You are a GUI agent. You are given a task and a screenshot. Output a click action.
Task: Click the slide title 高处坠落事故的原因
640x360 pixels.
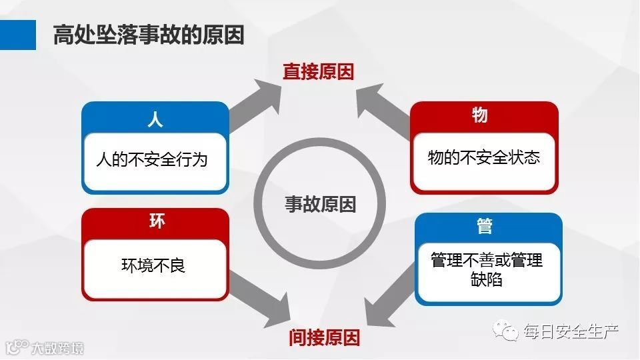click(x=148, y=35)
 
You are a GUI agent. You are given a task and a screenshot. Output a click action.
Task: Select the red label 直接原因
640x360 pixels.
click(x=318, y=72)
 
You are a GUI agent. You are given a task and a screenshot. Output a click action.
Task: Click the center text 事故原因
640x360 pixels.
click(x=321, y=204)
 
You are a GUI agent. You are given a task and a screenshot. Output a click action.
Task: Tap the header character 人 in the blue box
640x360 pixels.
click(x=155, y=120)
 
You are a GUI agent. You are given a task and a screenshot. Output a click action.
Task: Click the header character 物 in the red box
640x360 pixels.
click(x=480, y=115)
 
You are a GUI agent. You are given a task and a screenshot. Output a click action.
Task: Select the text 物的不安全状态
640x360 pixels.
click(x=483, y=157)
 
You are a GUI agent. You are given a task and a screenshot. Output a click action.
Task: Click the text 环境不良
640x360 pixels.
click(x=153, y=265)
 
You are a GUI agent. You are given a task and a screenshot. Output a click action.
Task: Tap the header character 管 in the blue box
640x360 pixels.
click(x=485, y=227)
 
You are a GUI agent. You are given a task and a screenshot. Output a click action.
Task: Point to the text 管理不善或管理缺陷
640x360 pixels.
click(x=487, y=269)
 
